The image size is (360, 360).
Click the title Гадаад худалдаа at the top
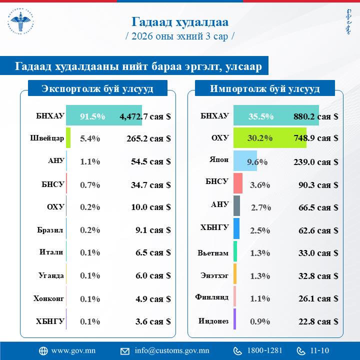[x=180, y=22]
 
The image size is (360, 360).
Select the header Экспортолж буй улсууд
[x=97, y=89]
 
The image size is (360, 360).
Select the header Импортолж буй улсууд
[x=265, y=89]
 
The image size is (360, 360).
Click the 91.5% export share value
[x=92, y=116]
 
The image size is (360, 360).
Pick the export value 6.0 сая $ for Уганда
[x=148, y=276]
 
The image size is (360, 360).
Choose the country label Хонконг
[x=48, y=298]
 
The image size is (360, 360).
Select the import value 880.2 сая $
[x=315, y=116]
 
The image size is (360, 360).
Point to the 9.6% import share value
[x=258, y=162]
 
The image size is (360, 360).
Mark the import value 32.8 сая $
[x=315, y=276]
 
